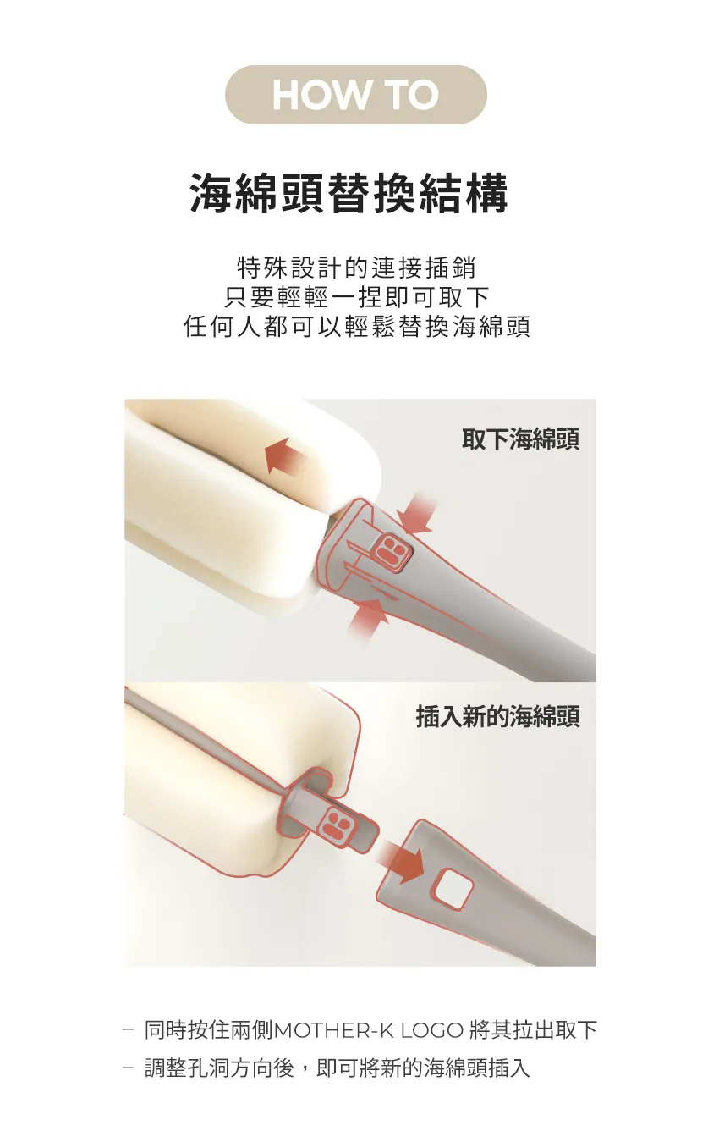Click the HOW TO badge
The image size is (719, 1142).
pyautogui.click(x=355, y=95)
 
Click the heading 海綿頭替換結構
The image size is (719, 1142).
pyautogui.click(x=349, y=194)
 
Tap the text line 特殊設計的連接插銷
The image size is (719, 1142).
pyautogui.click(x=357, y=268)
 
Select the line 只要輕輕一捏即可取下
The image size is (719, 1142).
pyautogui.click(x=357, y=297)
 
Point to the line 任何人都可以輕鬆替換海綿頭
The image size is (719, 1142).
pyautogui.click(x=357, y=327)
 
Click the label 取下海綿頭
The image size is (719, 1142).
pyautogui.click(x=520, y=439)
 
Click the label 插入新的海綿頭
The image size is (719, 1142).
pyautogui.click(x=497, y=717)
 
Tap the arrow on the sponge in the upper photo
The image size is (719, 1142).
pyautogui.click(x=286, y=458)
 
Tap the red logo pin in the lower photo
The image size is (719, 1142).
pyautogui.click(x=339, y=824)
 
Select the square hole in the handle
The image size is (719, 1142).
pyautogui.click(x=453, y=889)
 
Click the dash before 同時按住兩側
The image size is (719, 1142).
pyautogui.click(x=129, y=1030)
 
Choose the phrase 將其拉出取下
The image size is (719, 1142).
pyautogui.click(x=533, y=1030)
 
